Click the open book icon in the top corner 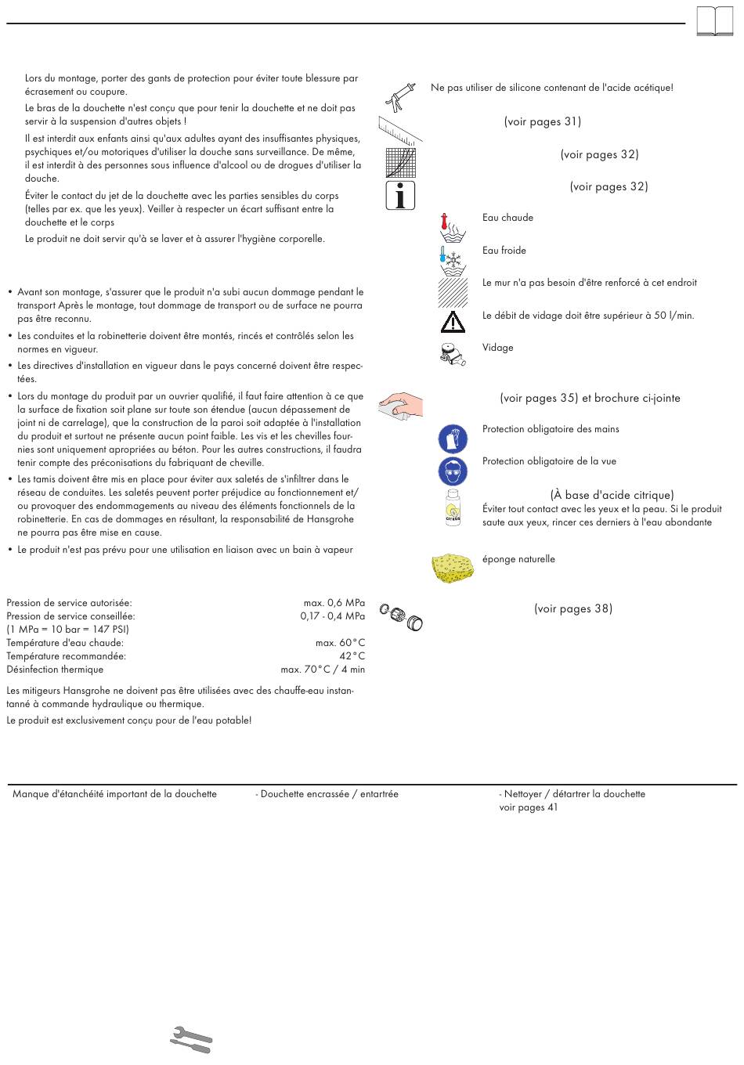[714, 22]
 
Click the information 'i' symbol [400, 195]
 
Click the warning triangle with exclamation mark [453, 321]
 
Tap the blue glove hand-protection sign [453, 439]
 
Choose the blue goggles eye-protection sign [453, 471]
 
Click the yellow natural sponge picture [453, 567]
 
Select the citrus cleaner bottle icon [453, 507]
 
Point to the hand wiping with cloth [400, 406]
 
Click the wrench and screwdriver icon [191, 1040]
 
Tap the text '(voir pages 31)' [542, 121]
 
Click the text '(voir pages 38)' [573, 608]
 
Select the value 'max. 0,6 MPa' [334, 603]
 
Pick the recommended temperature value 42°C [352, 656]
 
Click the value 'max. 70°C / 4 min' [323, 670]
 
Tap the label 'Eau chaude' [507, 218]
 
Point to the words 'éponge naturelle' [518, 559]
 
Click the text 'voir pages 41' [529, 807]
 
